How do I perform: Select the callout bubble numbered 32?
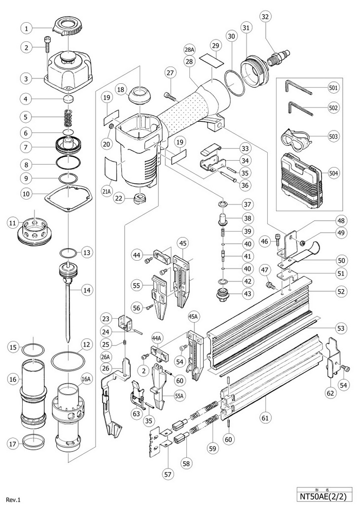[x=265, y=17]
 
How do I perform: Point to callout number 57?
[x=169, y=474]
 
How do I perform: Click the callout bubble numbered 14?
[x=87, y=290]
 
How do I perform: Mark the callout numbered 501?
[x=334, y=88]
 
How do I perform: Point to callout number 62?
[x=330, y=393]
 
